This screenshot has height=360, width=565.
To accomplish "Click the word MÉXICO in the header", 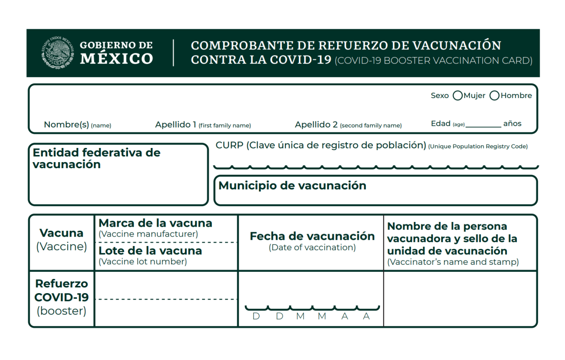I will (x=116, y=59).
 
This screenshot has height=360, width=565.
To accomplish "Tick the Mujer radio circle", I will (x=457, y=96).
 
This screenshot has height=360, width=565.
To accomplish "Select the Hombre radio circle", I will (x=494, y=96).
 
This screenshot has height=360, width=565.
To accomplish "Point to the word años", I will (x=512, y=124).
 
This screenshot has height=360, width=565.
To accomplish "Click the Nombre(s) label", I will (x=66, y=125).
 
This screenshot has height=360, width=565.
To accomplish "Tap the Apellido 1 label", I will (x=176, y=125).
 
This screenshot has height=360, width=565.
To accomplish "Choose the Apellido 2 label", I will (x=316, y=125).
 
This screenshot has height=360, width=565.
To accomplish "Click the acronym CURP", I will (x=229, y=145).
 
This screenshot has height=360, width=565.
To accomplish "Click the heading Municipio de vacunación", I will (x=292, y=186).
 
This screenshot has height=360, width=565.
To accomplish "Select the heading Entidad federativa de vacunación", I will (x=96, y=158).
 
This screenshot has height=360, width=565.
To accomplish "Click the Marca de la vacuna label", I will (x=155, y=223).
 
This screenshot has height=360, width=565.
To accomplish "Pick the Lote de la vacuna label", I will (x=150, y=251).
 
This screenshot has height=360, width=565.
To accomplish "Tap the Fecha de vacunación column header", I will (x=312, y=236).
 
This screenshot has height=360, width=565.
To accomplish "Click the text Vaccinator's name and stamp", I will (x=453, y=262).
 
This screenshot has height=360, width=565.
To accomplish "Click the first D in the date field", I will (x=256, y=317).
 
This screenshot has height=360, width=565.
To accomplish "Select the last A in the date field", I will (x=366, y=317).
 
